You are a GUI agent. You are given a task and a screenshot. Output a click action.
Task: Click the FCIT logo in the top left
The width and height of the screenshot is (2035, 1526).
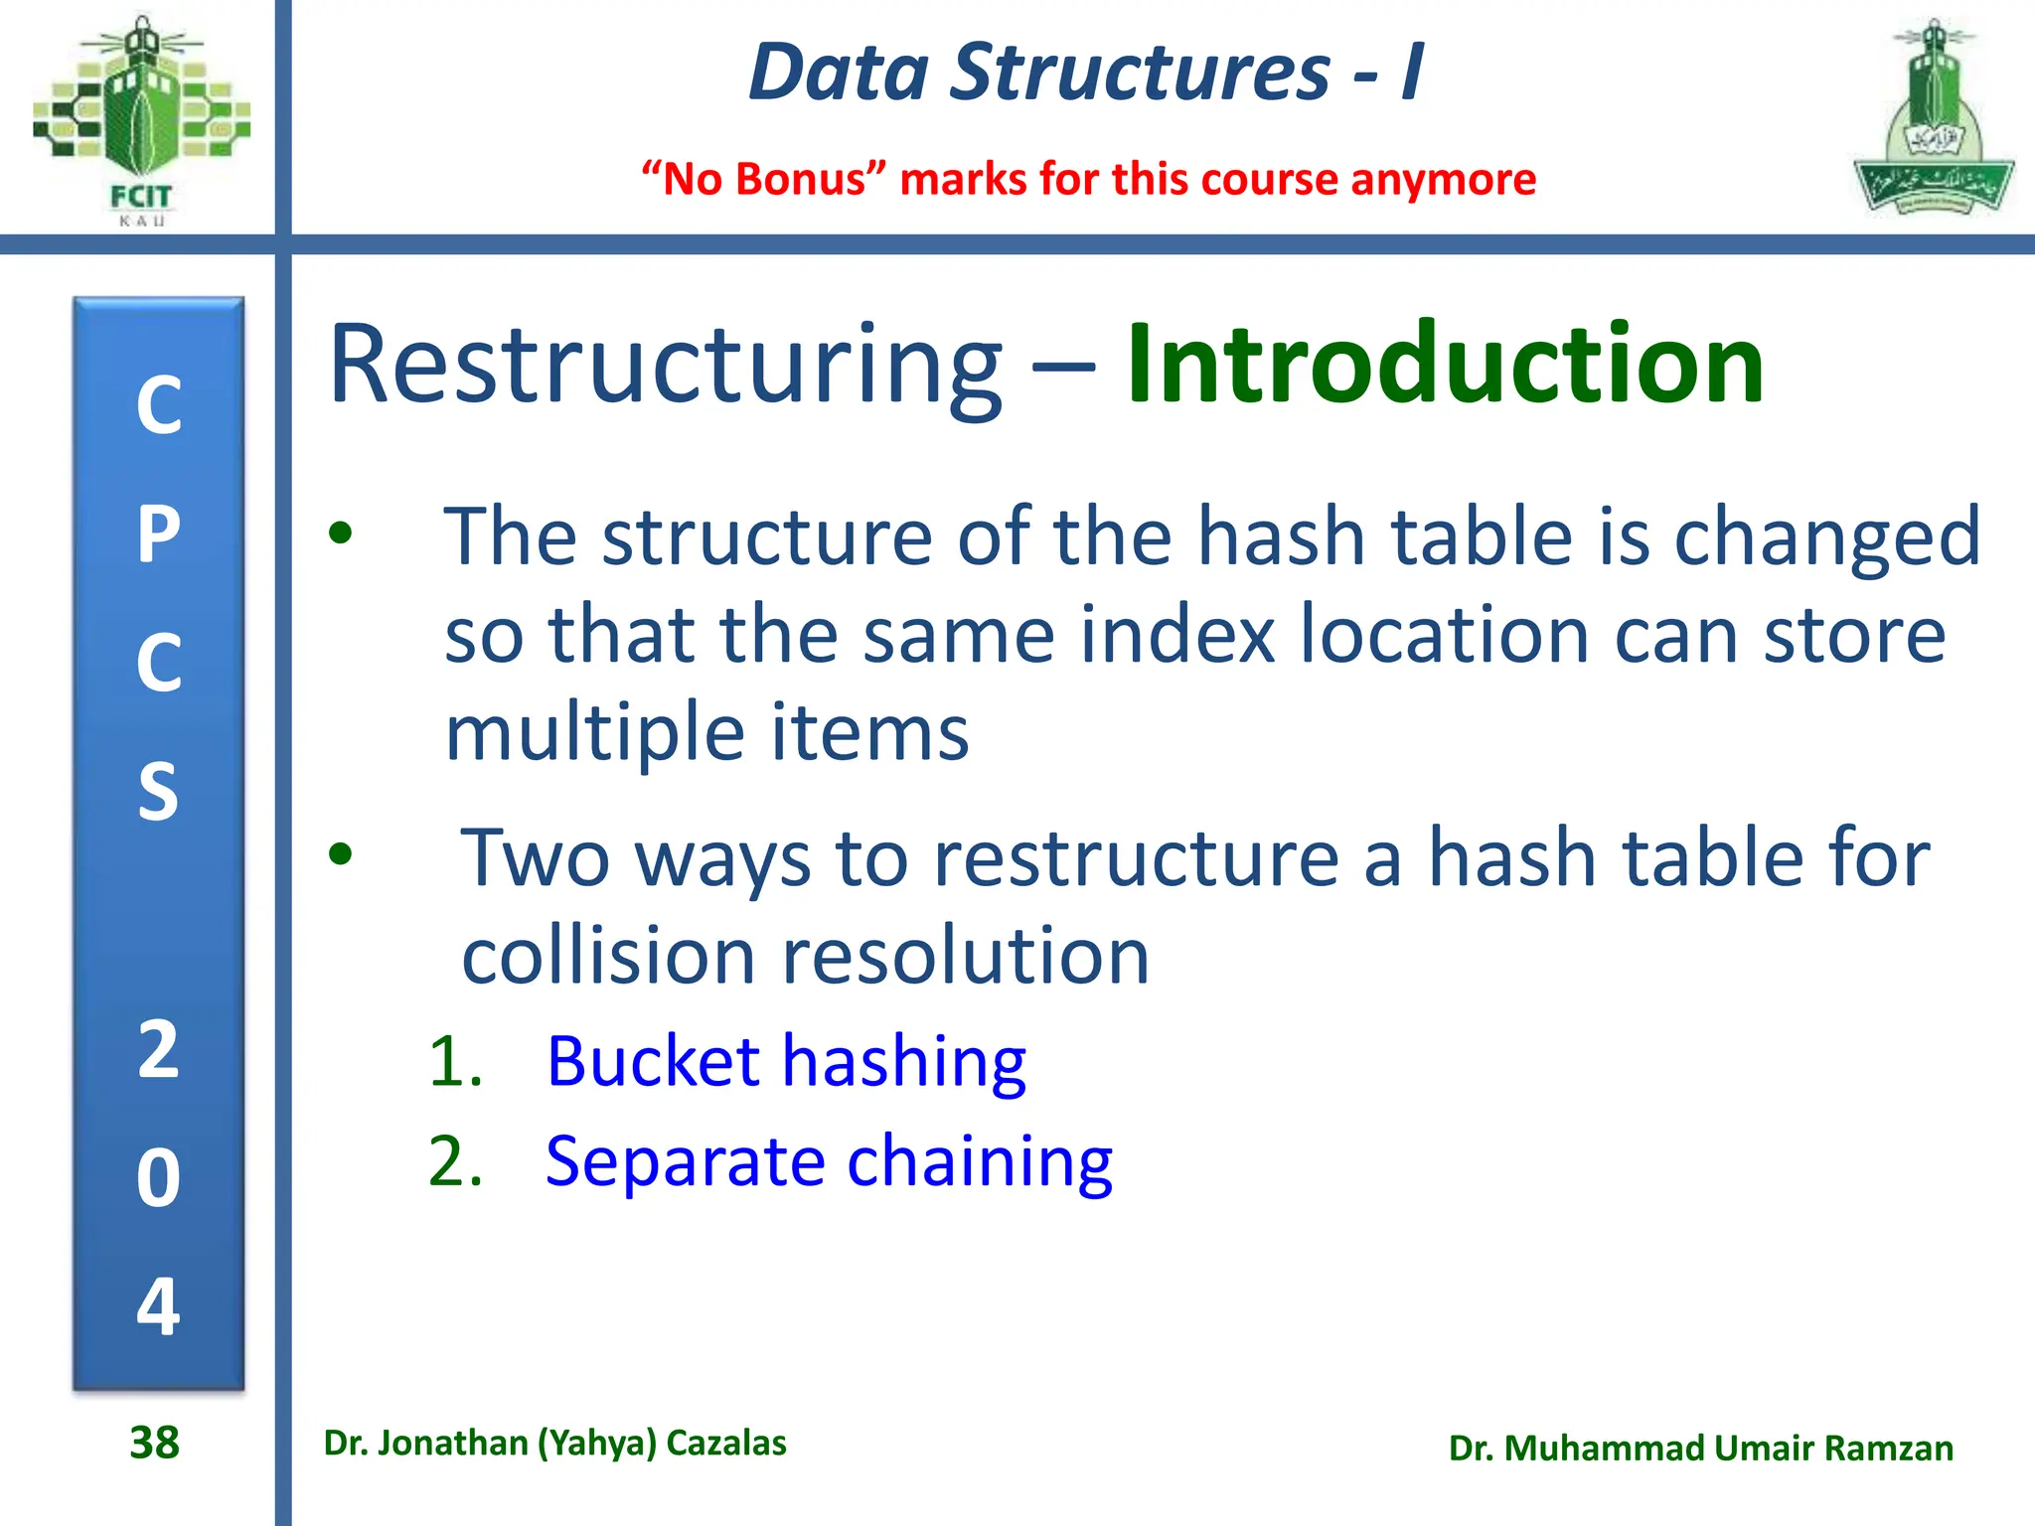(x=141, y=119)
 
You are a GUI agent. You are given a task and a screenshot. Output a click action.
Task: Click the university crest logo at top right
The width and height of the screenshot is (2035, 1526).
(x=1933, y=119)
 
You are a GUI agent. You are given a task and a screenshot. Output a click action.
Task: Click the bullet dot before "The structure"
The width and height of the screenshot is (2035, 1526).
(x=341, y=534)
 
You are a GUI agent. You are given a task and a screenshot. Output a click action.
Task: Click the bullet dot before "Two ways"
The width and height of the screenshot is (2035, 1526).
(x=341, y=853)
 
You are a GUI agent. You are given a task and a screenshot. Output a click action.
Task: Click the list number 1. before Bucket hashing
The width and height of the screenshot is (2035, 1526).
(x=455, y=1061)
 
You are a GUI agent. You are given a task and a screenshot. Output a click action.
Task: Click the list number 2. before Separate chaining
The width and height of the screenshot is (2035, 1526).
(x=455, y=1160)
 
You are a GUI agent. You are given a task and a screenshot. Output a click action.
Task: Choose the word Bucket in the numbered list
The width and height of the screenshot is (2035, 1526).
(x=653, y=1061)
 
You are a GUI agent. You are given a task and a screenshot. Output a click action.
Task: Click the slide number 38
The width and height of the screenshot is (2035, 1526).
(x=154, y=1443)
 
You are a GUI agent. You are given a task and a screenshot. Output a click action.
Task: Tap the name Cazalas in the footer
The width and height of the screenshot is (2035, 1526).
(x=725, y=1443)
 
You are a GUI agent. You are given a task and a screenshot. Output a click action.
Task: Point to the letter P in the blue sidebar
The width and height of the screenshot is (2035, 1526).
(x=159, y=534)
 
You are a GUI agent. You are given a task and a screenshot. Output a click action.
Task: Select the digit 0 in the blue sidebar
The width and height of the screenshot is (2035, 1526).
(x=159, y=1178)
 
